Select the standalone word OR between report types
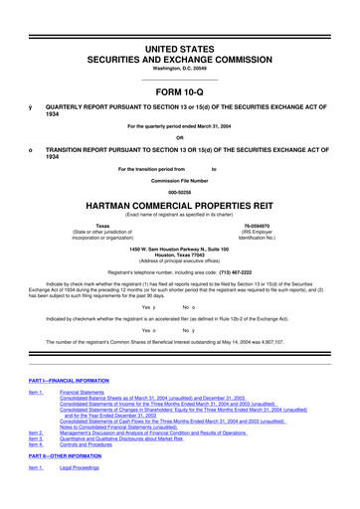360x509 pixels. pyautogui.click(x=180, y=137)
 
